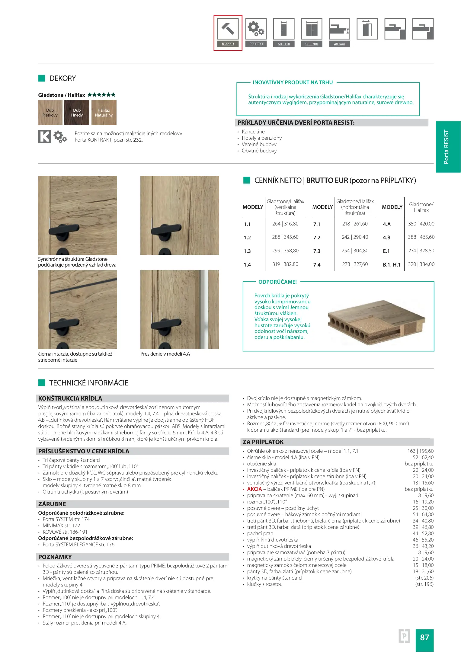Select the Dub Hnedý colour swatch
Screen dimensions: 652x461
coord(77,113)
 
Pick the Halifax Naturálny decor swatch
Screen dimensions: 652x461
coord(104,113)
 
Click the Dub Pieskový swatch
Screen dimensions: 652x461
coord(50,113)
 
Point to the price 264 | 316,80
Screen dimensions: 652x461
coord(285,224)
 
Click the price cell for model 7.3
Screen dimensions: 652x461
coord(355,251)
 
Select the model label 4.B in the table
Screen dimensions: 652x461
coord(386,238)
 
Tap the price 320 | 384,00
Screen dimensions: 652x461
coord(421,264)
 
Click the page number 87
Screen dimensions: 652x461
coord(424,637)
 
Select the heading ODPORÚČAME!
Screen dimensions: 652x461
coord(277,282)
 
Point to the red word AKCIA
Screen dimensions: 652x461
coord(255,489)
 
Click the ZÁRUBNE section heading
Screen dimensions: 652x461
coord(52,504)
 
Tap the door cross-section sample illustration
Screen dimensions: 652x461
coord(376,322)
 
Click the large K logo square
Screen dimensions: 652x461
coord(45,136)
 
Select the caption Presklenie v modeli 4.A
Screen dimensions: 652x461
coord(165,354)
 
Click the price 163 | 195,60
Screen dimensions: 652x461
coord(420,451)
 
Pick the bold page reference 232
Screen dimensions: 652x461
coord(137,140)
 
